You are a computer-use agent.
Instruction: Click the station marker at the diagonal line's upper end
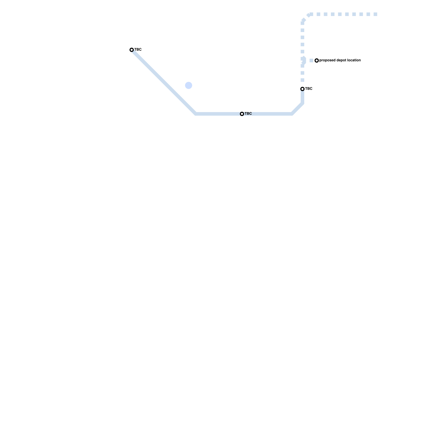click(132, 50)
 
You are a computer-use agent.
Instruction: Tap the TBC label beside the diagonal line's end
click(138, 50)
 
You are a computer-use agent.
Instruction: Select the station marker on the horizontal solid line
click(242, 114)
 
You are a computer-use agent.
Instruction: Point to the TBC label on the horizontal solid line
click(248, 114)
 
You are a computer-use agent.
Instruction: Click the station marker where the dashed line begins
click(302, 89)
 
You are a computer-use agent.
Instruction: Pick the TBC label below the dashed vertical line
click(309, 89)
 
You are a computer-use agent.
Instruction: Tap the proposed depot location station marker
click(317, 61)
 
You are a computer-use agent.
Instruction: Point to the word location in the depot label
click(354, 60)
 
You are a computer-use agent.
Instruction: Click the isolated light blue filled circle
click(189, 85)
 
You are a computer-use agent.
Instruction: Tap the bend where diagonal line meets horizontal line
click(196, 114)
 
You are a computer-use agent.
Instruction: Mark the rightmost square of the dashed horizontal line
click(375, 14)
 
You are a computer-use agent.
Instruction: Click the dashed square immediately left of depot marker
click(311, 61)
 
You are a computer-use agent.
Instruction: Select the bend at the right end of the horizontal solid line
click(292, 114)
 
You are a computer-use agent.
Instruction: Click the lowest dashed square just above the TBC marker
click(302, 80)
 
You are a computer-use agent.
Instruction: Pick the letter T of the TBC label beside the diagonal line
click(135, 50)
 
